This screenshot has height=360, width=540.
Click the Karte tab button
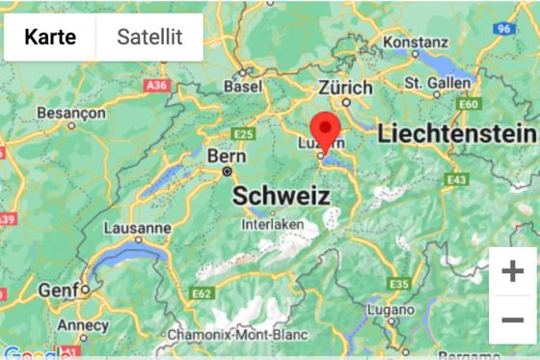pyautogui.click(x=50, y=38)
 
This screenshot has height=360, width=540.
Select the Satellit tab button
pyautogui.click(x=149, y=38)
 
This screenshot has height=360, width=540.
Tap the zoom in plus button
pyautogui.click(x=512, y=272)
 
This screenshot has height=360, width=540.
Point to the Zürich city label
pyautogui.click(x=345, y=87)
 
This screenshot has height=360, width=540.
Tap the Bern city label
pyautogui.click(x=228, y=156)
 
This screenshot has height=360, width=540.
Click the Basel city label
pyautogui.click(x=242, y=86)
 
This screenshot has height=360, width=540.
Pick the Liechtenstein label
pyautogui.click(x=456, y=134)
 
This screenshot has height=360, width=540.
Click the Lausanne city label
pyautogui.click(x=139, y=229)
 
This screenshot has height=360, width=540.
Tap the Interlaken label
pyautogui.click(x=273, y=224)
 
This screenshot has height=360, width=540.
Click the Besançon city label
pyautogui.click(x=70, y=113)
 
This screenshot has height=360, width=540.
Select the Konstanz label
pyautogui.click(x=416, y=42)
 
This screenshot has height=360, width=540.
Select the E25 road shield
pyautogui.click(x=243, y=133)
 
